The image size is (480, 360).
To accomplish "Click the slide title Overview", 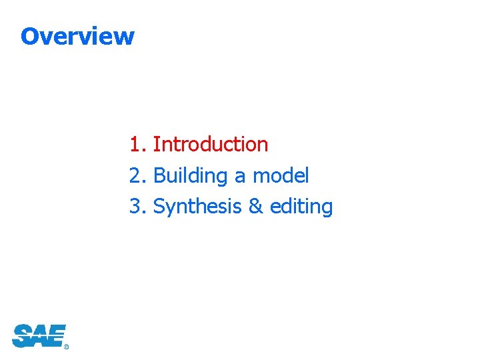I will point(77,36).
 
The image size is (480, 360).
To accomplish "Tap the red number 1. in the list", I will point(137,144).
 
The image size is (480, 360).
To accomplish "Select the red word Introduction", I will point(211,144).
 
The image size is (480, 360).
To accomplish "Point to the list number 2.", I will point(137,175).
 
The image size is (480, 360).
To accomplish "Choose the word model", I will point(281,175).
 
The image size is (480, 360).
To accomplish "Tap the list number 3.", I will point(137,207).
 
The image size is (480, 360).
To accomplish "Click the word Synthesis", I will point(197,207).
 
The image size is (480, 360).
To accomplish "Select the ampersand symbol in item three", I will point(255,207).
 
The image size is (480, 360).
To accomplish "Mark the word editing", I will point(301,207).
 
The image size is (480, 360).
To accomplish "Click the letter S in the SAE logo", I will point(22,336).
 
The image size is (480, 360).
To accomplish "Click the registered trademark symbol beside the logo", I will point(67,347).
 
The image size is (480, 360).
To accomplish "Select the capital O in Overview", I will point(29,36).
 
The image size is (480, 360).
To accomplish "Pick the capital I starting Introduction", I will point(155,144).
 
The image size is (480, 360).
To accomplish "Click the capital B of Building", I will point(159,176).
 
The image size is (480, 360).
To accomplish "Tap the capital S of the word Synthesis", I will point(159,207).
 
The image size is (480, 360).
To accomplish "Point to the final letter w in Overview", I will point(126,37).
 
